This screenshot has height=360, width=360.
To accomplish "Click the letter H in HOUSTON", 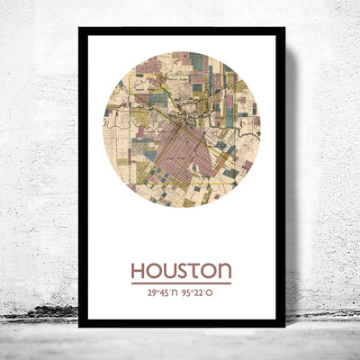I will [x=139, y=271].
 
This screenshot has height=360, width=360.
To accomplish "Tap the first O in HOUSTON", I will [x=154, y=271].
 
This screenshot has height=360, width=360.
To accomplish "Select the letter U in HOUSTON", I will [x=168, y=271].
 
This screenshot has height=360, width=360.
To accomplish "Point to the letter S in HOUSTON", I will [x=182, y=271].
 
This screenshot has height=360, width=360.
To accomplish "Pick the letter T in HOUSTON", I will [x=194, y=271].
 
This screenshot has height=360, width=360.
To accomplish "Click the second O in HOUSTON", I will [x=208, y=271].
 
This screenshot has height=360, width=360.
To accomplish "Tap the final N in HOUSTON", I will [x=224, y=271].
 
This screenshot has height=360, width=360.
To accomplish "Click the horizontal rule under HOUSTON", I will [x=181, y=283].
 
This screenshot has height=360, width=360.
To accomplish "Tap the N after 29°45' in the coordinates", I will [x=172, y=292].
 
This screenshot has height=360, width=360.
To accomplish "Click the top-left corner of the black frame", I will [x=81, y=30].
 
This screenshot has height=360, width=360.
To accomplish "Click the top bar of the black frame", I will [x=181, y=31].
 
